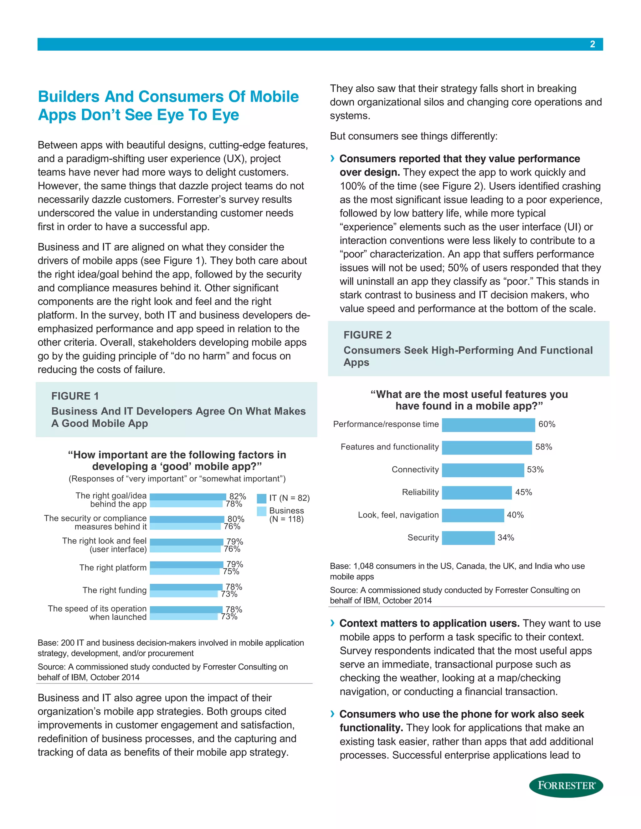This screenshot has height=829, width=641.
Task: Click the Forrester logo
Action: coord(566,785)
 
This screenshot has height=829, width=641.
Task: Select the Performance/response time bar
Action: coord(488,425)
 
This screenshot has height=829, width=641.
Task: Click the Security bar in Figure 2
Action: coord(468,538)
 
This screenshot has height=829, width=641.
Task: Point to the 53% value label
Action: coord(535,470)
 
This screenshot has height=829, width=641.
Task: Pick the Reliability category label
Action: coord(420,492)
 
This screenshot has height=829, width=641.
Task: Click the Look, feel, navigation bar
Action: coord(473,516)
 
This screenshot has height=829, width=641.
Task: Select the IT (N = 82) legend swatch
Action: coord(262,498)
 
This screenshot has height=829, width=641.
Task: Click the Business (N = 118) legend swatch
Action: coord(262,511)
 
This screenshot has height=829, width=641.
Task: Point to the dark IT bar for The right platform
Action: coord(187,564)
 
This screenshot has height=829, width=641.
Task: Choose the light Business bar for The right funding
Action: coord(184,594)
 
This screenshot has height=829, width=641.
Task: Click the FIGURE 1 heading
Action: coord(75,396)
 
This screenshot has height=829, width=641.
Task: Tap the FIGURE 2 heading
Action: coord(367,335)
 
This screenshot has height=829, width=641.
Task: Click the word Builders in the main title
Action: coord(69,97)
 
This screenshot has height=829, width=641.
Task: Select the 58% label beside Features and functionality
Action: coord(543,447)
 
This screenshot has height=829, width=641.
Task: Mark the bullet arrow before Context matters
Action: coord(333,623)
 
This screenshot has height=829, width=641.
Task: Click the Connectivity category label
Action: coord(415,470)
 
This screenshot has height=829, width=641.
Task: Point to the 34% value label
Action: coord(506,537)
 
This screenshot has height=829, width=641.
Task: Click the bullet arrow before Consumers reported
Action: coord(333,158)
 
